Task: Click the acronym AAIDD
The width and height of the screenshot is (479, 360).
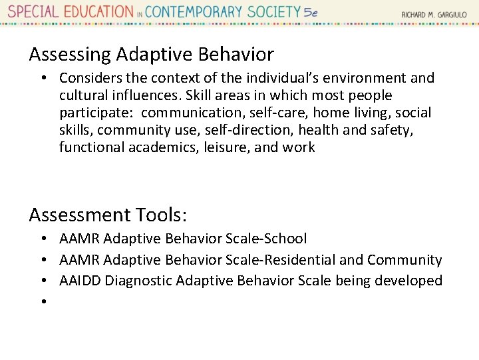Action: (x=80, y=281)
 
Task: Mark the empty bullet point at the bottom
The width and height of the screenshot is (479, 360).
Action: (x=42, y=302)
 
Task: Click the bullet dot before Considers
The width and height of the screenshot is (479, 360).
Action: (x=42, y=78)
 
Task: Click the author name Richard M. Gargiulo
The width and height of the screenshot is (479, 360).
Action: (x=433, y=14)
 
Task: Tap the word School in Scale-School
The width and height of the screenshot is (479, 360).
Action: (x=286, y=239)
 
